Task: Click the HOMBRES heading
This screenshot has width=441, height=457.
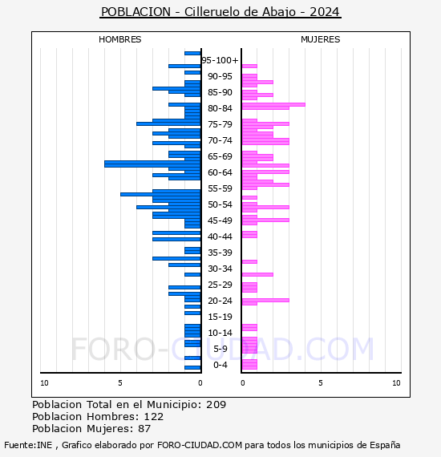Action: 119,39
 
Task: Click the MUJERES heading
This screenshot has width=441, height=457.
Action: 321,39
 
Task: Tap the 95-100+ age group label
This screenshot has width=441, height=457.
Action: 220,60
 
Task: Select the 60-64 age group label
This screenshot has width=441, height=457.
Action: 220,172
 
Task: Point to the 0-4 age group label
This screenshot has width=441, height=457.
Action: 220,365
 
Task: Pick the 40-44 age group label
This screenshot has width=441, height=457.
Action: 220,237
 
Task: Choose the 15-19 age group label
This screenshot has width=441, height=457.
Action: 220,317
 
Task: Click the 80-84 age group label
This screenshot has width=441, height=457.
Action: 220,108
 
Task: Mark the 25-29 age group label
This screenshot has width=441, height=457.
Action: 220,285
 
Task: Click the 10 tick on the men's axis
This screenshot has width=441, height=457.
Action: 44,383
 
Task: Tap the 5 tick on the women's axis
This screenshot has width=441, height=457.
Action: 321,383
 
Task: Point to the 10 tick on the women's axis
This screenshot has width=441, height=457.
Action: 396,383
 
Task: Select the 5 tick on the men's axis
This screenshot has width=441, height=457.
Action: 120,383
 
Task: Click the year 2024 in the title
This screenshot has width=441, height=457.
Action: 325,12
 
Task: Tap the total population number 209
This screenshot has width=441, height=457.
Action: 216,405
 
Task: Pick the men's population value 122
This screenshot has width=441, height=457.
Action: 154,416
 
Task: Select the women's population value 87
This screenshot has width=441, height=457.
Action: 144,428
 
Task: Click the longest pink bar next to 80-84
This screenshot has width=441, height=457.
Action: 273,105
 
